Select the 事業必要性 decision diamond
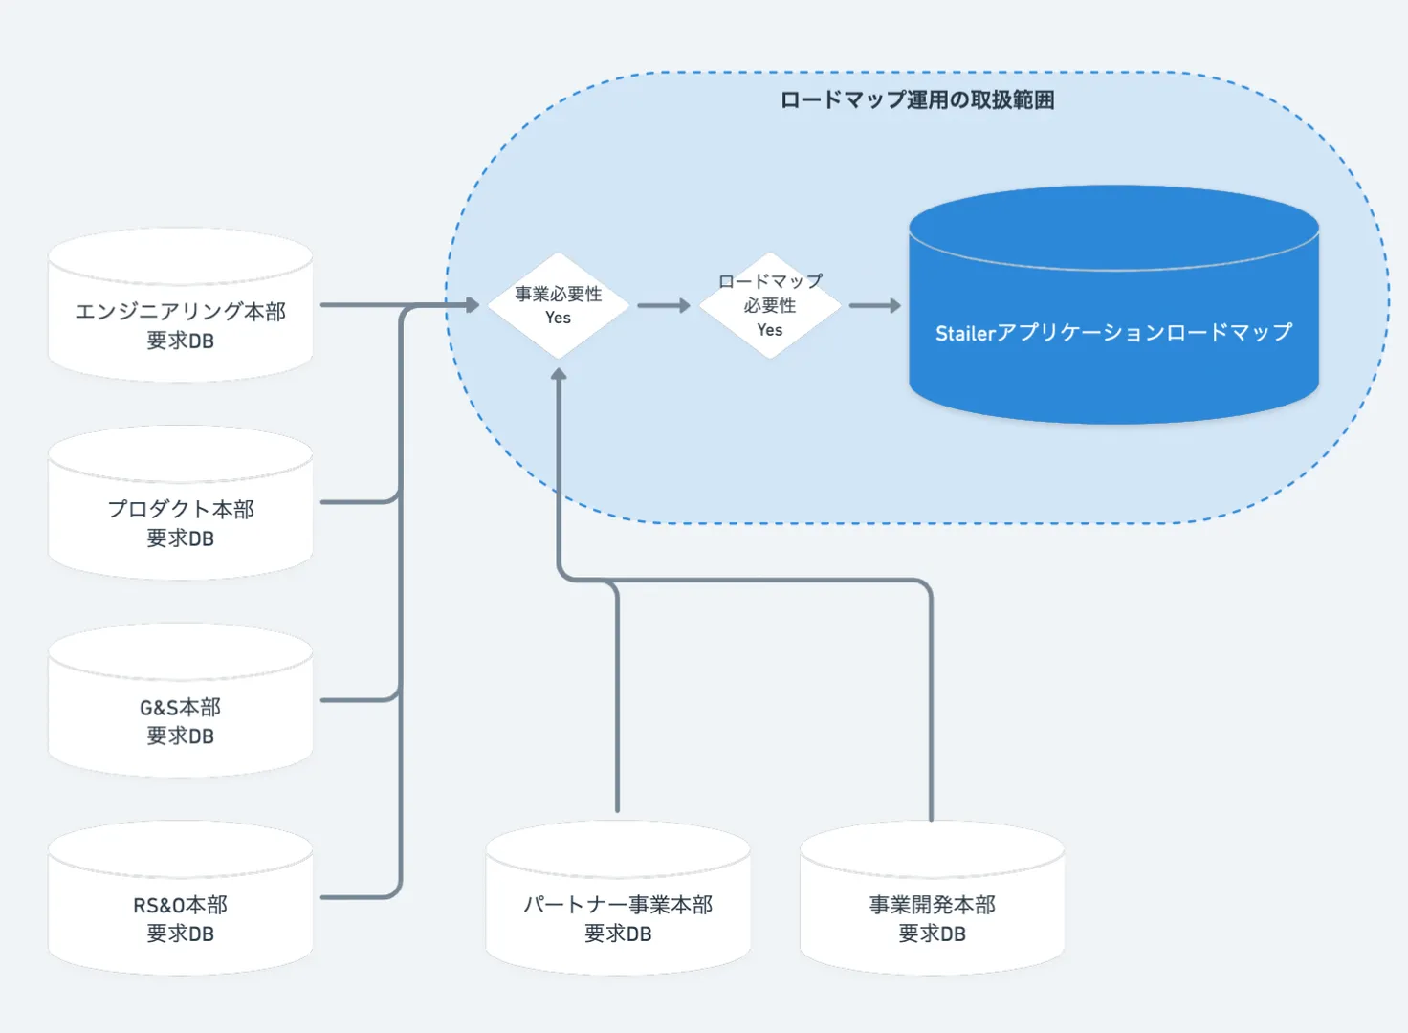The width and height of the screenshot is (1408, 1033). (559, 305)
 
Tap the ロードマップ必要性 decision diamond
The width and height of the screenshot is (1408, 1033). (770, 305)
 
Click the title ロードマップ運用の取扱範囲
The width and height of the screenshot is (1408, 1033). (916, 100)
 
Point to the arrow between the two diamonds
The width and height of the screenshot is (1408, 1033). (664, 306)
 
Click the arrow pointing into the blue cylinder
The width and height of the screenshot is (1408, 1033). (875, 306)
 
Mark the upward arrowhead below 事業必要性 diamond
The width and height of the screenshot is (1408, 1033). (559, 375)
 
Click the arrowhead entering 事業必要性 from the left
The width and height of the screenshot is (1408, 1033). (472, 305)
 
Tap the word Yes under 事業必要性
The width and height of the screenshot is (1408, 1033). (559, 319)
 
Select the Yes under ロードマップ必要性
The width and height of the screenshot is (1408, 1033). (770, 330)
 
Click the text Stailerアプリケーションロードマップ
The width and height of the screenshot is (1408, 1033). (1113, 333)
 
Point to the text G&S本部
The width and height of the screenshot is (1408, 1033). (180, 708)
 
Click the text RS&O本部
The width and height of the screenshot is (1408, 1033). (180, 905)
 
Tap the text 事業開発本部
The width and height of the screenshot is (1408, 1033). (932, 905)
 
